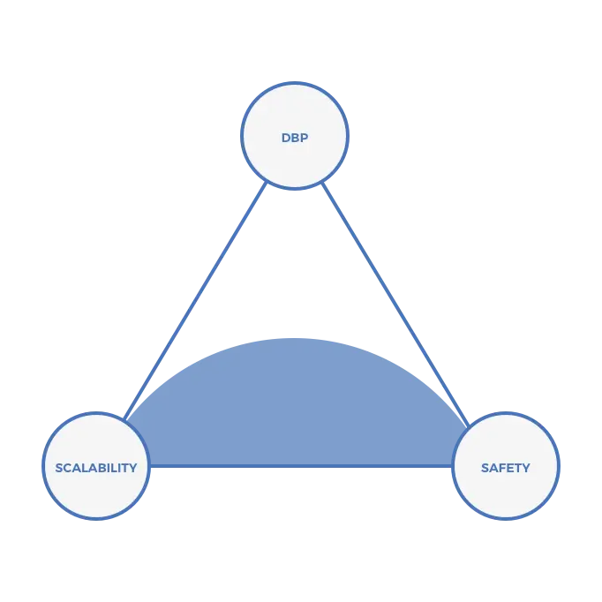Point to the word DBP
295,139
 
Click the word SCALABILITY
95,468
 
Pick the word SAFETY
506,468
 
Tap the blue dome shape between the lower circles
296,406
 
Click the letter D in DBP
286,139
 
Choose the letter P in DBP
305,139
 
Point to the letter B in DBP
295,139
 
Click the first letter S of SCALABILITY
59,468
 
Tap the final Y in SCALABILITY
132,468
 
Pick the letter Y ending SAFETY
526,468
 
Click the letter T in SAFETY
519,468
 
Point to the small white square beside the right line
412,321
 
